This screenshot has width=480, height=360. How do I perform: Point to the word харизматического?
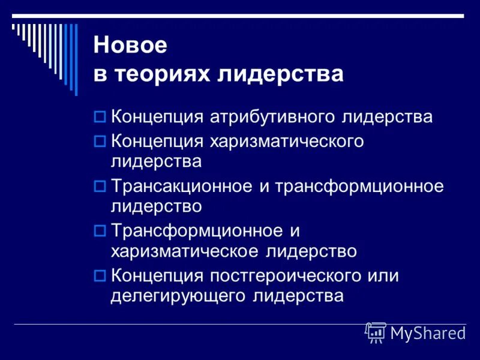(287, 142)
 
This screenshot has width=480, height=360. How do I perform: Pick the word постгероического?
(287, 276)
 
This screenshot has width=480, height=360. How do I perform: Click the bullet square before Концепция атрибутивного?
(100, 116)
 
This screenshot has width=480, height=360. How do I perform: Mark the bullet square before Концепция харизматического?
(100, 142)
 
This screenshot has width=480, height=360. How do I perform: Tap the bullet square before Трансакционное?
(100, 187)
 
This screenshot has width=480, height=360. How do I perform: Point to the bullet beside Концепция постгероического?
(100, 276)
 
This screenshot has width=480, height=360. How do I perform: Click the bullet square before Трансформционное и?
(100, 231)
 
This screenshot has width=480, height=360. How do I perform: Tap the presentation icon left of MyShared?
(376, 332)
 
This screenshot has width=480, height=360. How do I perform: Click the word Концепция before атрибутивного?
(157, 116)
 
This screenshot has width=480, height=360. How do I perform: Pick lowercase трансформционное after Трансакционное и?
(359, 187)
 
